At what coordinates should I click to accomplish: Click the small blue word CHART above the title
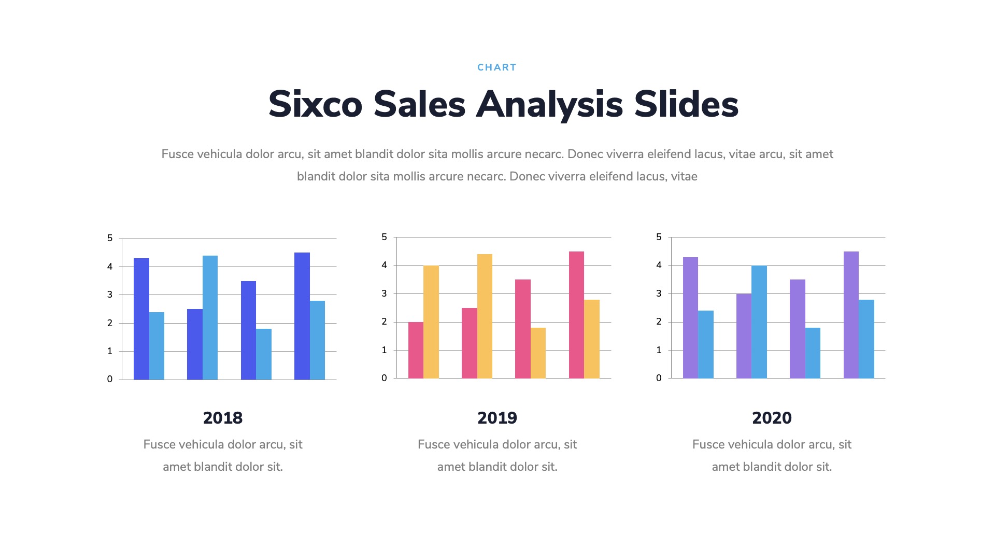coord(496,67)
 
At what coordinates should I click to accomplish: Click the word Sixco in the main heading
coord(315,104)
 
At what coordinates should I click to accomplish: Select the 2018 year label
coord(223,418)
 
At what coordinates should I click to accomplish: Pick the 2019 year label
coord(497,418)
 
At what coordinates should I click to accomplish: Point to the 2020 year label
coord(772,418)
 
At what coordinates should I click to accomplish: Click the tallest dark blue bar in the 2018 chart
coord(302,316)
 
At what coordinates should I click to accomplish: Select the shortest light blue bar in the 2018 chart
coord(264,354)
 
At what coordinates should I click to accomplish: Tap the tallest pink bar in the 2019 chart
coord(576,315)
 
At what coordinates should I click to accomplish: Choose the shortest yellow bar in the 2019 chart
coord(538,353)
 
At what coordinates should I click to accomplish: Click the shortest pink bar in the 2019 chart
coord(416,350)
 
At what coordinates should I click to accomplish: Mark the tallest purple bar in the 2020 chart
coord(851,315)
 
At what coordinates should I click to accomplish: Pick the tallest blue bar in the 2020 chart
coord(759,322)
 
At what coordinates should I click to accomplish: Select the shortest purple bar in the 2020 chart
coord(744,336)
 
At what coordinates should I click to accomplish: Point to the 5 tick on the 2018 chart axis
coord(110,239)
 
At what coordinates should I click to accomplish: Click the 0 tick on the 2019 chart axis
coord(384,378)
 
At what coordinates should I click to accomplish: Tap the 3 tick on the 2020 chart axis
coord(659,293)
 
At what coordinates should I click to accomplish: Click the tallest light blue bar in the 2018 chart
coord(210,317)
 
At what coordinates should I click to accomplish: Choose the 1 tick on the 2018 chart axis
coord(110,351)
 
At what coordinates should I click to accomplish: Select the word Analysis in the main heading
coord(549,104)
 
